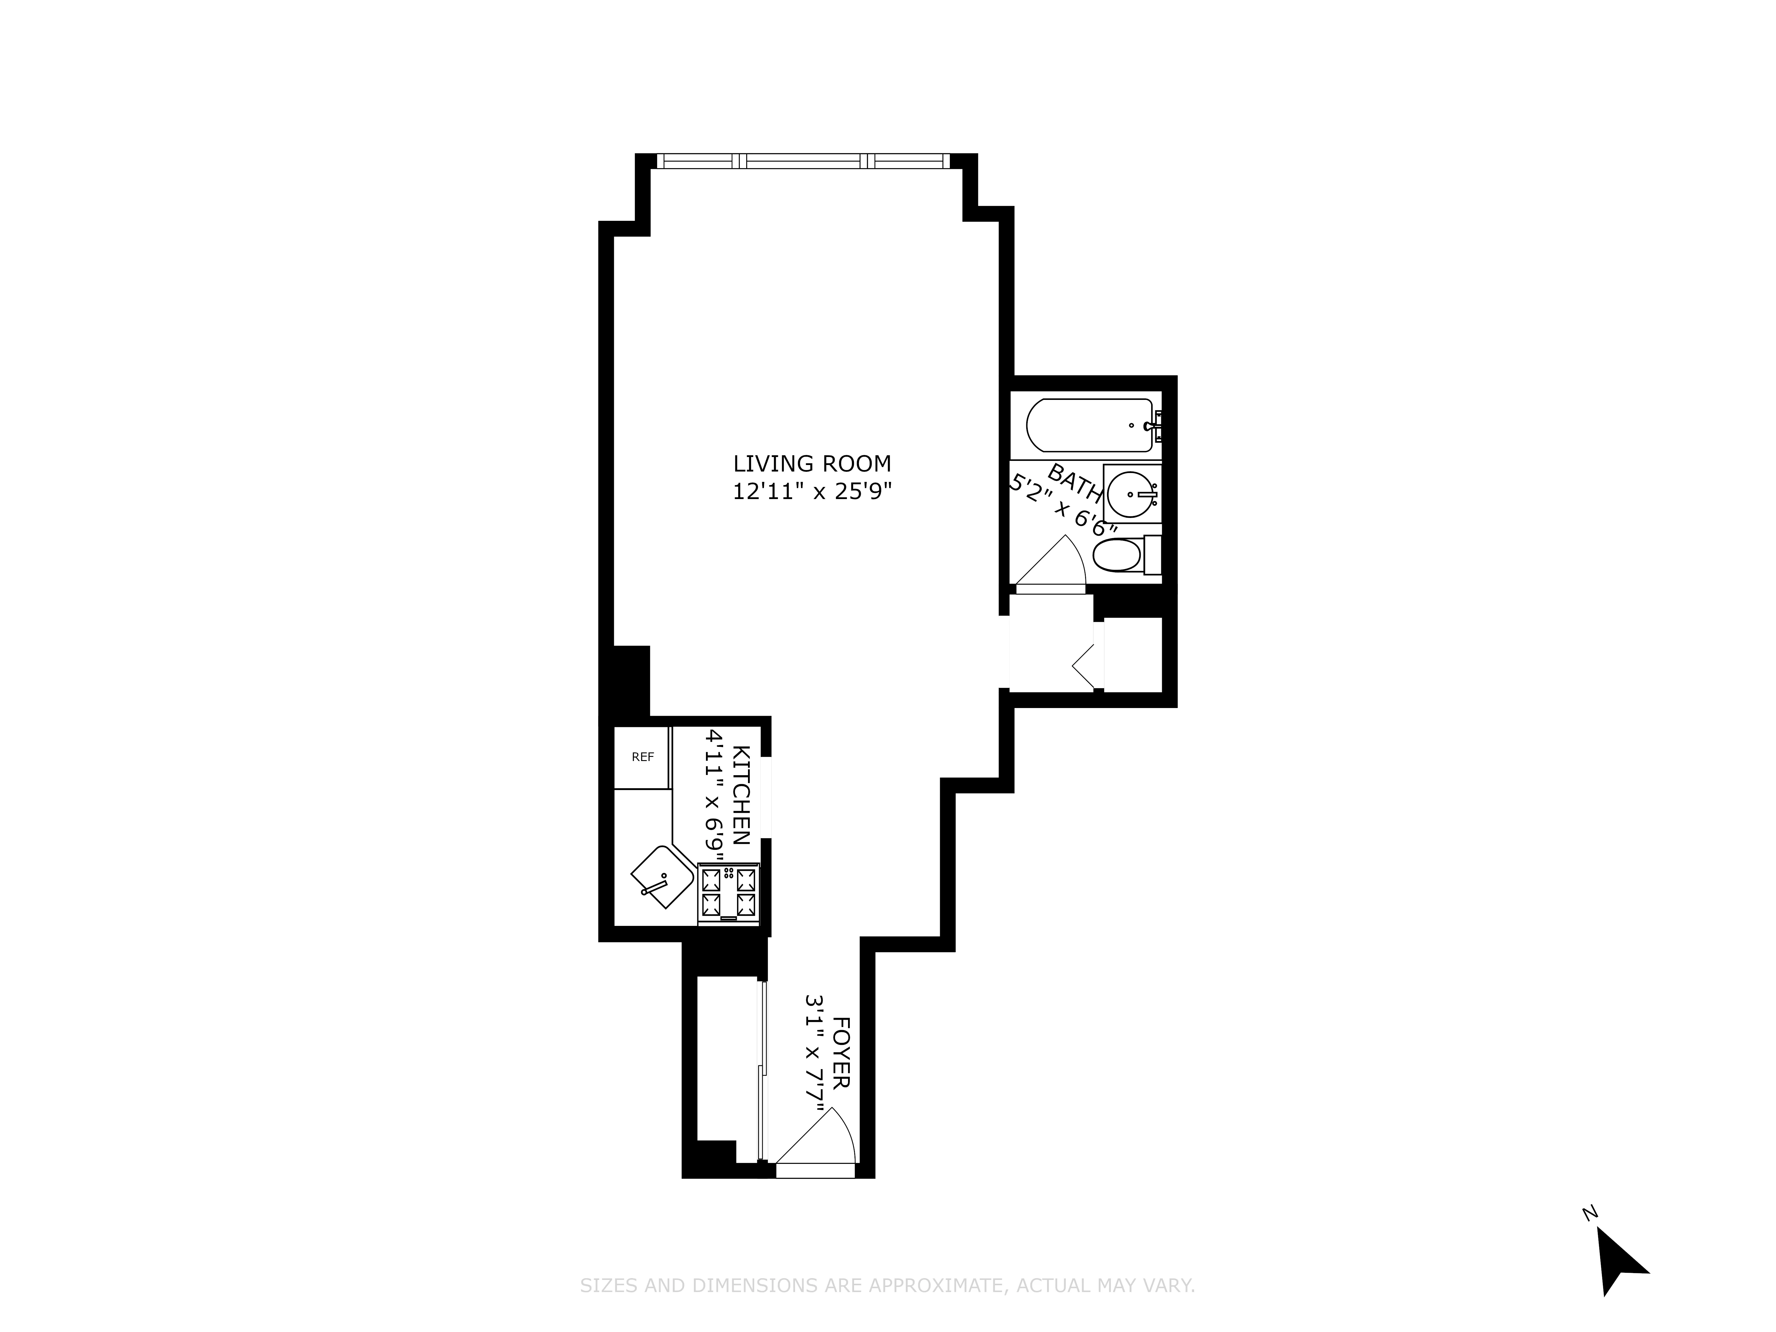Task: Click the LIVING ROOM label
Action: tap(812, 463)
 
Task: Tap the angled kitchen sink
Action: tap(662, 877)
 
